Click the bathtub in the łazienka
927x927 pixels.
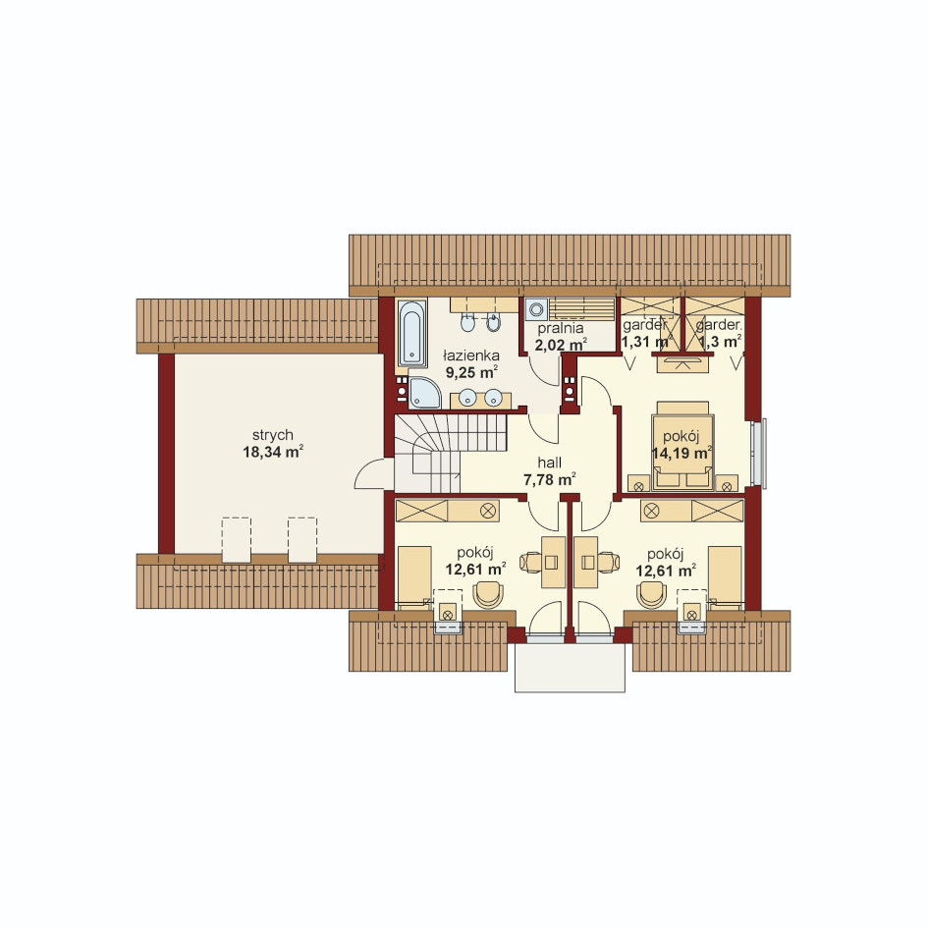411,334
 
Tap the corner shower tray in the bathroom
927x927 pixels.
423,393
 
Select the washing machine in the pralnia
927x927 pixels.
536,309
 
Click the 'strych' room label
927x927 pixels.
273,435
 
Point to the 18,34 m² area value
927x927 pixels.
273,453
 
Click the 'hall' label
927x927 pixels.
549,463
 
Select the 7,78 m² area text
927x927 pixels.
549,479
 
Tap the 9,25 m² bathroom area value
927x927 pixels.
471,372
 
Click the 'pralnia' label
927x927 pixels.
561,329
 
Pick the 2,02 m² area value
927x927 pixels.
561,345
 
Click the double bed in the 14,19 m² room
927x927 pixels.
682,447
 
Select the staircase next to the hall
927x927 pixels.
450,453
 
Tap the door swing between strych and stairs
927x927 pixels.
369,473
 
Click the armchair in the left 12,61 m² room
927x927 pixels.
488,594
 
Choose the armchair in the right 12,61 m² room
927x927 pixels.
651,594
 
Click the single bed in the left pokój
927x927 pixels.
413,577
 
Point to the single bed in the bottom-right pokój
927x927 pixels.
725,577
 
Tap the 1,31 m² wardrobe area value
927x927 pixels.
645,342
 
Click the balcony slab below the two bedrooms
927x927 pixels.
570,668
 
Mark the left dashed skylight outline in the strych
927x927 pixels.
237,540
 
